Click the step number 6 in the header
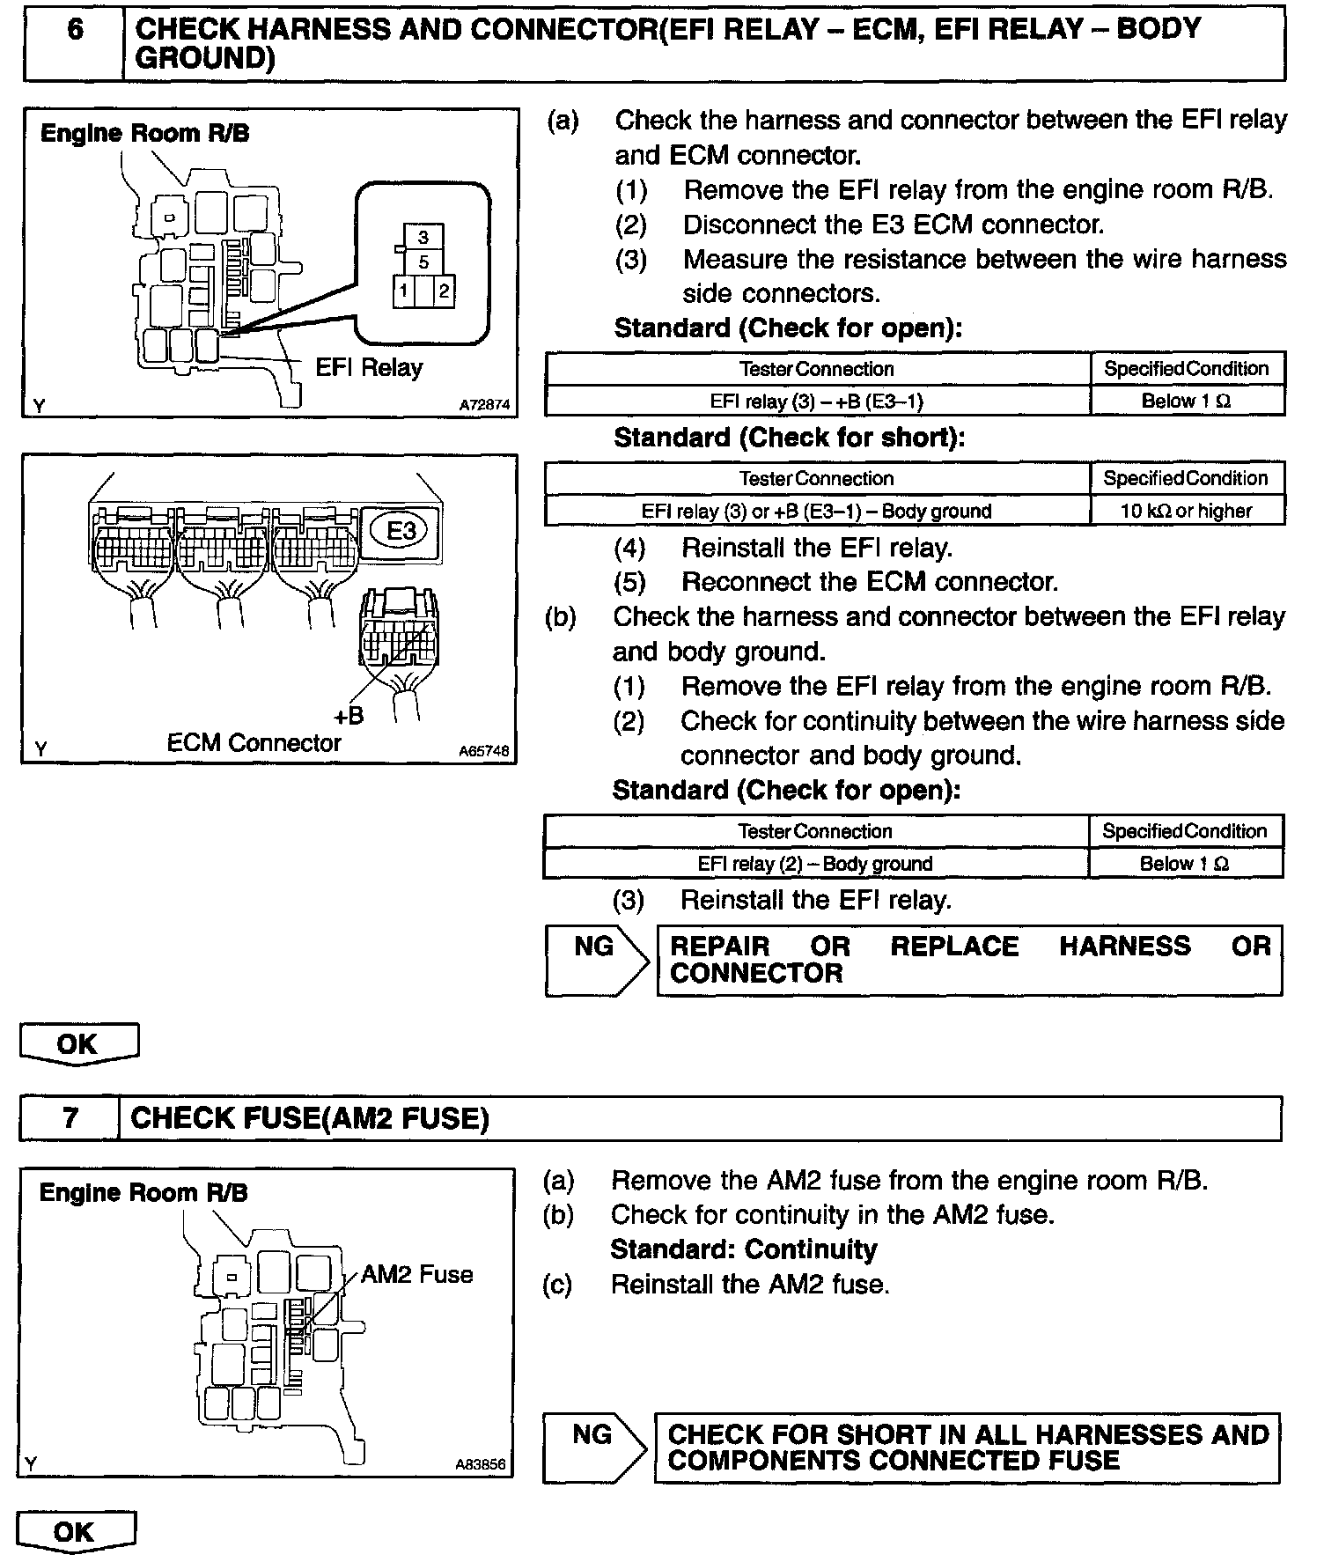75,31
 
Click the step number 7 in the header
70,1118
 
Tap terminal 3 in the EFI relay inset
423,237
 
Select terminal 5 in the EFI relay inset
423,262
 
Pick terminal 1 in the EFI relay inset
403,291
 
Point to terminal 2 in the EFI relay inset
444,291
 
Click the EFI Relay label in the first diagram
369,367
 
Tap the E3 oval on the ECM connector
401,531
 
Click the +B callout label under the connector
349,715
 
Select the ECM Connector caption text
254,743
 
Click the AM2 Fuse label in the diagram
417,1274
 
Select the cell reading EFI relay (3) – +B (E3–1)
817,402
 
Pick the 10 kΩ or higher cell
1186,511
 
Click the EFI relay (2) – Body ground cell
815,864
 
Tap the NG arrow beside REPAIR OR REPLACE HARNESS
596,959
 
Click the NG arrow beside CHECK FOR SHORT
594,1447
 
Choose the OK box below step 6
78,1044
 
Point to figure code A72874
483,406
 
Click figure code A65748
483,753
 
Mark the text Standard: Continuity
744,1249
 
